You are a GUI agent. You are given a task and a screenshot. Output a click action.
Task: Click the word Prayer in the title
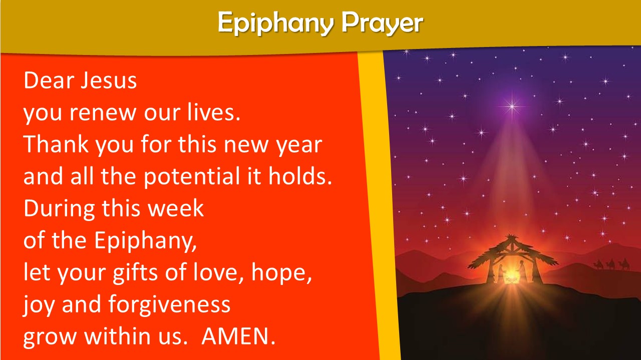pos(382,22)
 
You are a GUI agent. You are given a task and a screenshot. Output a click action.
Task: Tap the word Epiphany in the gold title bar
pos(276,23)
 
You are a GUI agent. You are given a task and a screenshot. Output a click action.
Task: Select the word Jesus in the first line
pos(109,80)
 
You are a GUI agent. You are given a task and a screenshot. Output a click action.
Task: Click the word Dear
pos(49,80)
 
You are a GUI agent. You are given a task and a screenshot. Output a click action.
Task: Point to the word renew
pos(103,113)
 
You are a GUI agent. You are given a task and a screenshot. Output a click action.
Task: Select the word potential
pos(191,177)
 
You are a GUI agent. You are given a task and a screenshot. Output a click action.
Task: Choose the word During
pos(59,209)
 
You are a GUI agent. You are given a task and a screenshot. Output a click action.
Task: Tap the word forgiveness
pos(169,305)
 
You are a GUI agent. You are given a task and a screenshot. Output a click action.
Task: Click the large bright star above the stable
pos(512,107)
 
